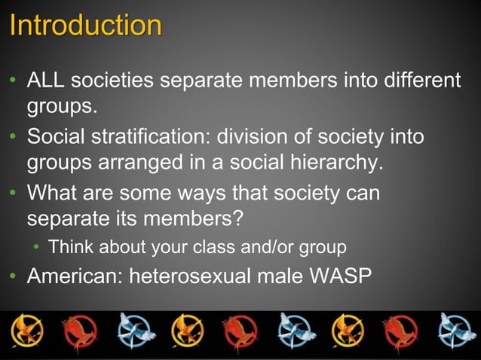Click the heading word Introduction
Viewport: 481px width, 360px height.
click(x=86, y=26)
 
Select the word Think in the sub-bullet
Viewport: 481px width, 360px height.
click(x=72, y=247)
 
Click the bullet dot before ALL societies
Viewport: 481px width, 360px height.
click(x=14, y=80)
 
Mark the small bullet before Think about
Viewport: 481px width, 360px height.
click(x=35, y=248)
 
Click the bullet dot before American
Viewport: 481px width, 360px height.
click(x=14, y=276)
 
